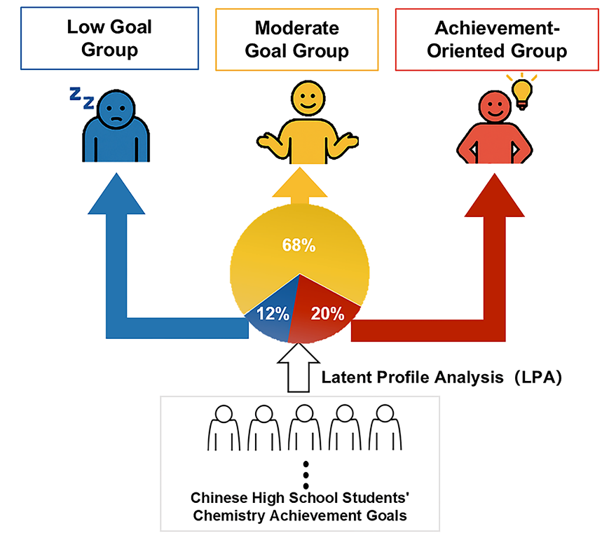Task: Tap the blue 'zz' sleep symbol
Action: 81,99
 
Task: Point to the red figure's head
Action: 494,109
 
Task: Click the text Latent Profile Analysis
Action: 412,378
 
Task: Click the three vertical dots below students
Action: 306,476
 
